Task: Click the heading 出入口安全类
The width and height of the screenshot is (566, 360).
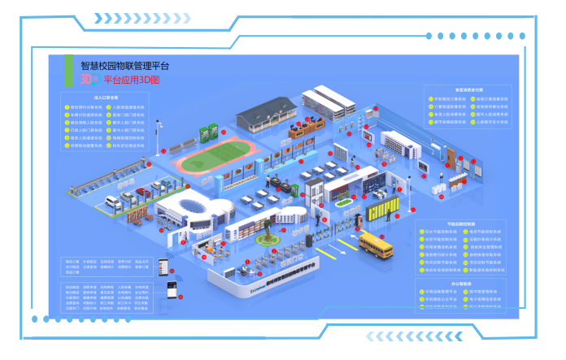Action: [x=107, y=96]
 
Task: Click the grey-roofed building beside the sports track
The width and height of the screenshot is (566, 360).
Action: [x=268, y=115]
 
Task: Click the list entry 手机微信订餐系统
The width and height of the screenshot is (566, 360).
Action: [x=446, y=99]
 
